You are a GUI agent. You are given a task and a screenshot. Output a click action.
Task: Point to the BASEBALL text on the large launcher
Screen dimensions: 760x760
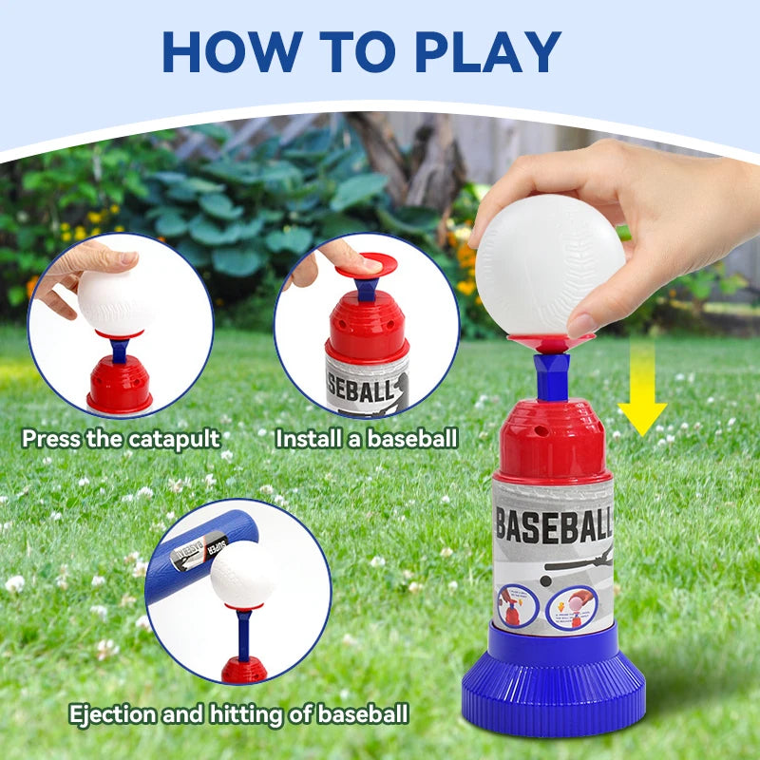554,524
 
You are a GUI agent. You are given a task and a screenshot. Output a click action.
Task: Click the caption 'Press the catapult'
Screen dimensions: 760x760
121,439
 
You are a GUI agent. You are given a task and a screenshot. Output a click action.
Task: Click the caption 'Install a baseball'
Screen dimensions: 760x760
367,439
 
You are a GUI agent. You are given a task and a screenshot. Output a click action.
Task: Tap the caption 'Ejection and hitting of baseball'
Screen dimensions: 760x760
238,713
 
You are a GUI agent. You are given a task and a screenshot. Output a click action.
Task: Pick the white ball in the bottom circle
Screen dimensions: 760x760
243,574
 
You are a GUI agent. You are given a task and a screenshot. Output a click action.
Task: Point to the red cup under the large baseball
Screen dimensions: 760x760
550,338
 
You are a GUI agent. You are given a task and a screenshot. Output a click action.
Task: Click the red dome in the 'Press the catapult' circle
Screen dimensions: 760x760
120,386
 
